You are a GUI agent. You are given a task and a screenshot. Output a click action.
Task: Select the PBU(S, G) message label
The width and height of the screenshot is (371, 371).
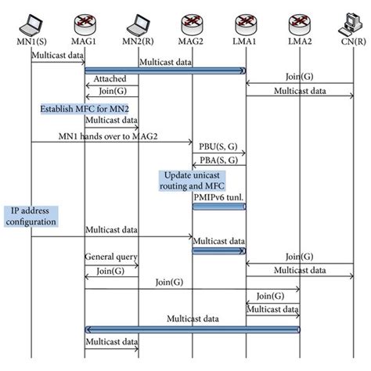coord(220,147)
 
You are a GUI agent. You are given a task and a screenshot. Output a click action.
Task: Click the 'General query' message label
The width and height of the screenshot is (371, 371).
coord(111,256)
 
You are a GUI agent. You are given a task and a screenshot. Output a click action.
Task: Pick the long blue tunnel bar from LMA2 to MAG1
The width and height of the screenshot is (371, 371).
coord(193,329)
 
